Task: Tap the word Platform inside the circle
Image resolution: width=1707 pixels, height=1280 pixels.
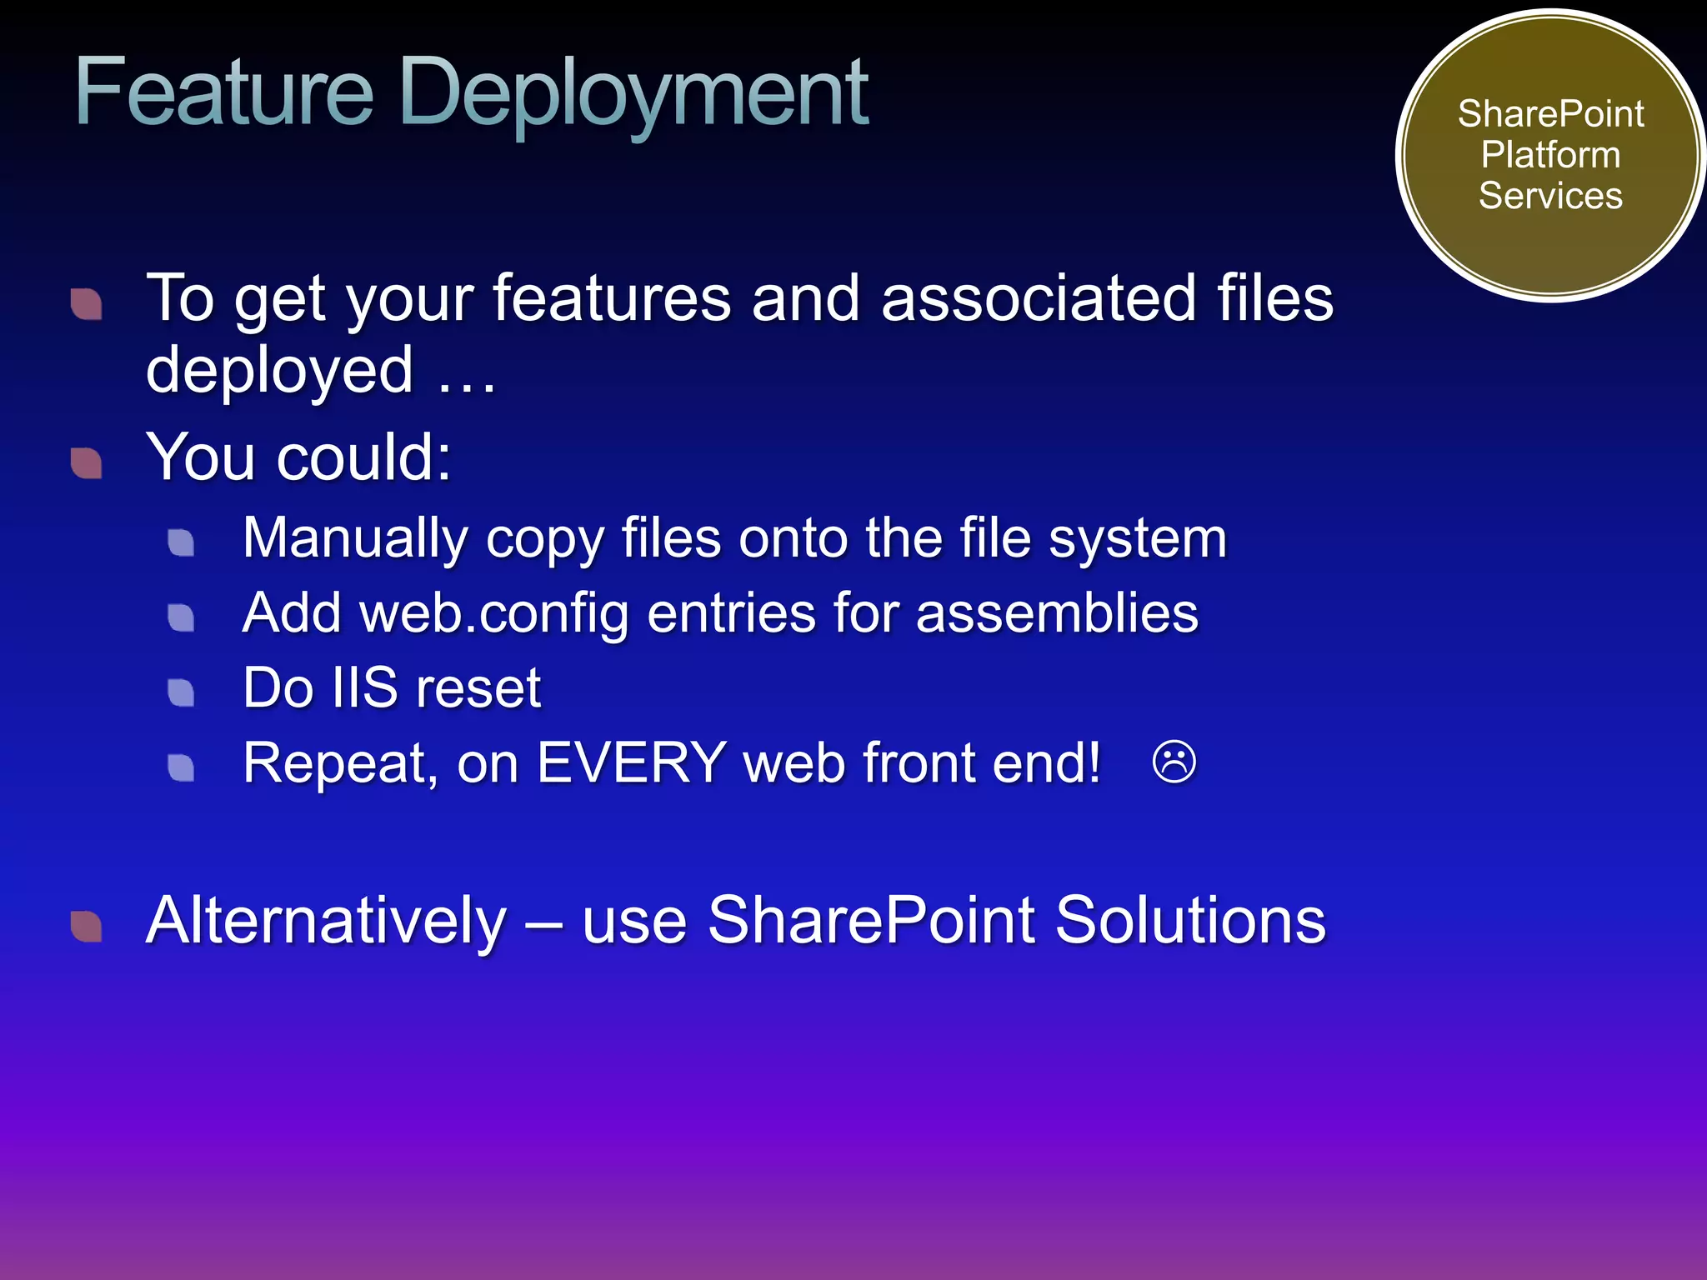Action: (x=1550, y=155)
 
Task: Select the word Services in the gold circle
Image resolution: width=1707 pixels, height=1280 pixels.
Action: (x=1550, y=196)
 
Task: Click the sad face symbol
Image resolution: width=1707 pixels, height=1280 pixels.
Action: (x=1174, y=762)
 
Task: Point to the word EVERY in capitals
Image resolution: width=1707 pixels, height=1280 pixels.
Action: (x=631, y=762)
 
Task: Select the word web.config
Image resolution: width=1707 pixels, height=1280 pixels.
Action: (x=493, y=614)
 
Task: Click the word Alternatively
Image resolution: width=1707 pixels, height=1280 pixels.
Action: (x=326, y=922)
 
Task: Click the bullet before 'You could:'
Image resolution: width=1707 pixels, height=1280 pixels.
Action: (x=87, y=463)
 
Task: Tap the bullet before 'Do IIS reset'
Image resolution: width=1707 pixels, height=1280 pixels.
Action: (x=181, y=692)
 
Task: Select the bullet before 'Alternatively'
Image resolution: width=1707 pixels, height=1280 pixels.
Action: (x=87, y=927)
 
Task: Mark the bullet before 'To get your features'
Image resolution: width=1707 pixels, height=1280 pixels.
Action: (x=87, y=304)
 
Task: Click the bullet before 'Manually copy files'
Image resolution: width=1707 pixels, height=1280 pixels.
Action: (x=181, y=543)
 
